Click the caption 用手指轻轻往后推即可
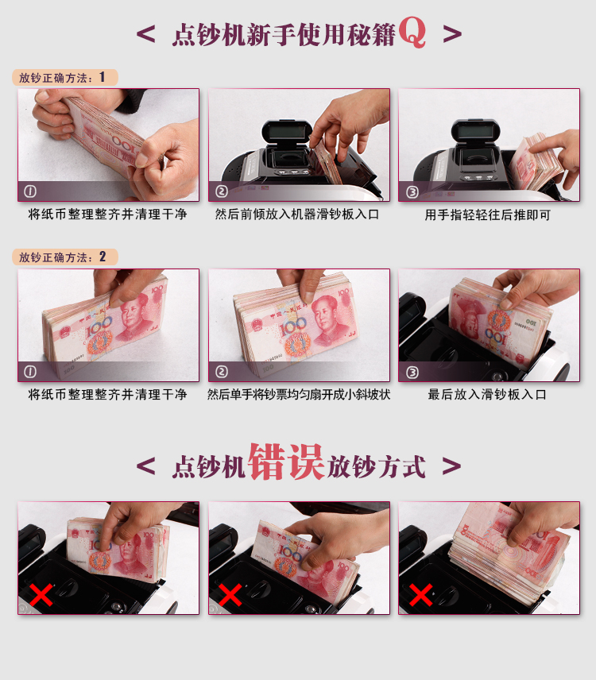click(487, 214)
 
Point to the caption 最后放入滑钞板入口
click(487, 394)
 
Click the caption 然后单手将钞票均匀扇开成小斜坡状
click(299, 394)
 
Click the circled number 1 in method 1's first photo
click(30, 191)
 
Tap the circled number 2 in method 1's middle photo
click(221, 191)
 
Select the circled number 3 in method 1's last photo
click(412, 191)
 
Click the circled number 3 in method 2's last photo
click(412, 371)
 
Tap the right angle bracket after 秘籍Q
click(452, 33)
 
